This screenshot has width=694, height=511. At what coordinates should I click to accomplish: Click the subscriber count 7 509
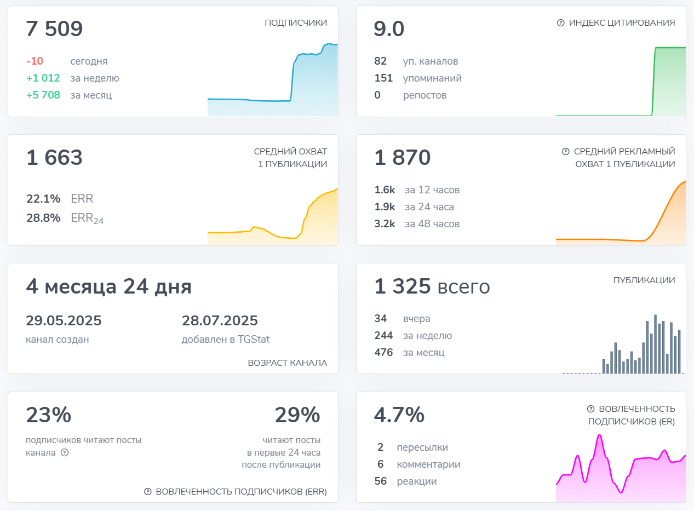pyautogui.click(x=54, y=29)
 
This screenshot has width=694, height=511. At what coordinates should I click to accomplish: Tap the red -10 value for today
pyautogui.click(x=35, y=61)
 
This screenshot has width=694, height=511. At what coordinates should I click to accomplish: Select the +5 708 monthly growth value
pyautogui.click(x=43, y=95)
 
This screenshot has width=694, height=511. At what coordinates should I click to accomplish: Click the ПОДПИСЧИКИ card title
pyautogui.click(x=296, y=23)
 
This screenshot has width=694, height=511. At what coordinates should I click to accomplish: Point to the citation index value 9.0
pyautogui.click(x=389, y=29)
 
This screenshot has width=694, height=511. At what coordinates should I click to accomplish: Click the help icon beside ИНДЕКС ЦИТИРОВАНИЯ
pyautogui.click(x=560, y=23)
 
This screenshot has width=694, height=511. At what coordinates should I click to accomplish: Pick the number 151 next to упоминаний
pyautogui.click(x=383, y=78)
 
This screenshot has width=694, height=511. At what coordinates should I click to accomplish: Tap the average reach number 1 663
pyautogui.click(x=54, y=158)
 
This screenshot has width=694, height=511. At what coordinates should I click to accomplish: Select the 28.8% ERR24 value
pyautogui.click(x=43, y=218)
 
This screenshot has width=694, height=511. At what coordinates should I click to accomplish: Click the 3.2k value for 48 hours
pyautogui.click(x=385, y=224)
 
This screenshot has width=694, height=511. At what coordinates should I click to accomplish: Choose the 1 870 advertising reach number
pyautogui.click(x=403, y=158)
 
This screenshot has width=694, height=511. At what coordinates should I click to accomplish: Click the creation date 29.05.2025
pyautogui.click(x=64, y=321)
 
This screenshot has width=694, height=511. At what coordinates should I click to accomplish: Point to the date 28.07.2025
pyautogui.click(x=220, y=321)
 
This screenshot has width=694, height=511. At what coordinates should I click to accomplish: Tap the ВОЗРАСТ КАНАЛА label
pyautogui.click(x=287, y=363)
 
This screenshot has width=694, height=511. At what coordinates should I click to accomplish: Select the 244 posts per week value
pyautogui.click(x=383, y=336)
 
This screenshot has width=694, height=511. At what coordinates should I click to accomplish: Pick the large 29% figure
pyautogui.click(x=297, y=415)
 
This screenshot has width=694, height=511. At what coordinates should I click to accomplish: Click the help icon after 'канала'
pyautogui.click(x=65, y=453)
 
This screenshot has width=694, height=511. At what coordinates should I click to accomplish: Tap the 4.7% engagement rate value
pyautogui.click(x=399, y=415)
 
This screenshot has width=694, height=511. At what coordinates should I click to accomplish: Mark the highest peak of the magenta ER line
pyautogui.click(x=600, y=436)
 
